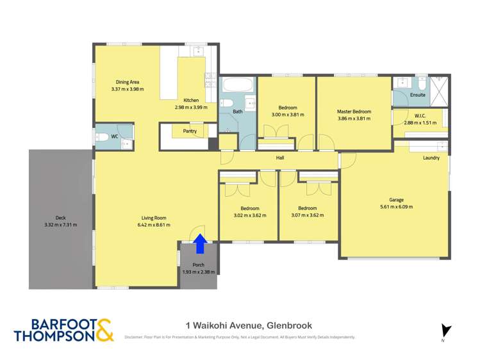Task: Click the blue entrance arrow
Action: [200, 244]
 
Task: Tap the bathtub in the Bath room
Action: [238, 85]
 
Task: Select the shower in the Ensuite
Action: [439, 91]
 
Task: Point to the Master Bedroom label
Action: [354, 111]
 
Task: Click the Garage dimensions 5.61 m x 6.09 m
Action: [397, 207]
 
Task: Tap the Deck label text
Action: [61, 218]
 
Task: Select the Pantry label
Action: [190, 131]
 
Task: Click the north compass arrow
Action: [445, 331]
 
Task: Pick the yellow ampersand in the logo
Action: [105, 330]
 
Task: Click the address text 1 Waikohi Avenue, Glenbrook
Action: [249, 325]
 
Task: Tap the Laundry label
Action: [431, 158]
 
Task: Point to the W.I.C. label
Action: [420, 116]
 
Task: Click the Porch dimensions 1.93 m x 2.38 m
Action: [199, 272]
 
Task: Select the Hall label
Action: [280, 158]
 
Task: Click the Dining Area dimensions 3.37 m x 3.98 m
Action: [128, 89]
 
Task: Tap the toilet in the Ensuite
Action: [422, 82]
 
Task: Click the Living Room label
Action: [154, 218]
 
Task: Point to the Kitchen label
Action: [191, 101]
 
